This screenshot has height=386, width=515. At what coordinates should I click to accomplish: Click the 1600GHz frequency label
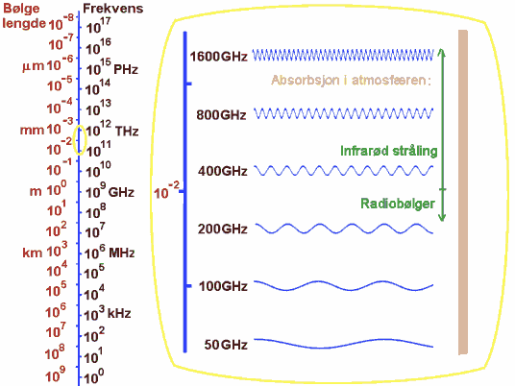click(218, 57)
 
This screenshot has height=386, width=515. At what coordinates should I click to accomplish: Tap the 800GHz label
click(221, 115)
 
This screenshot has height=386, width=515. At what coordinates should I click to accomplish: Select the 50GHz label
click(226, 345)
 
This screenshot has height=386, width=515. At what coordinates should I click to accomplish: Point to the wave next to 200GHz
click(344, 229)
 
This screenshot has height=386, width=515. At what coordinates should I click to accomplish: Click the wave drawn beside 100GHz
click(344, 285)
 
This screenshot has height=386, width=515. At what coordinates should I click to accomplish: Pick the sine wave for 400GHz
click(344, 171)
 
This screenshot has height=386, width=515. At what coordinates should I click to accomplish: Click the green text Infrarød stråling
click(389, 151)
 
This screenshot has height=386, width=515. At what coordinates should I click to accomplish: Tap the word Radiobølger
click(398, 204)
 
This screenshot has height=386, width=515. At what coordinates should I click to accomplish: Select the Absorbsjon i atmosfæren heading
click(351, 80)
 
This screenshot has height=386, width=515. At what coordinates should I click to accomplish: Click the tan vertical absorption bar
click(463, 192)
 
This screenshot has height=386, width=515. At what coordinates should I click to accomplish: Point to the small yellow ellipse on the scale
click(80, 126)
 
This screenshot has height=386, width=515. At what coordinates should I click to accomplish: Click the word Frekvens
click(113, 9)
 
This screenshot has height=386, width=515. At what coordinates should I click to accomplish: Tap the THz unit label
click(127, 132)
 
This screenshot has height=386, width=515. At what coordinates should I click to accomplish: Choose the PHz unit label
click(126, 69)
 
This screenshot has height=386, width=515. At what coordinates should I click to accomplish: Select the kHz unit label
click(119, 313)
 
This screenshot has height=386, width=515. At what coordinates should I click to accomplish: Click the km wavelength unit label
click(33, 253)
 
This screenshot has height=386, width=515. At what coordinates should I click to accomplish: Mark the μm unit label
click(34, 66)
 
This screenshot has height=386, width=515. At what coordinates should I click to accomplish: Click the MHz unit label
click(121, 253)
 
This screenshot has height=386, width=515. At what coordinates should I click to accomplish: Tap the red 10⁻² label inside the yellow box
click(167, 191)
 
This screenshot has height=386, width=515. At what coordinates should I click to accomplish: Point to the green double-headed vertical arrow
click(442, 134)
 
